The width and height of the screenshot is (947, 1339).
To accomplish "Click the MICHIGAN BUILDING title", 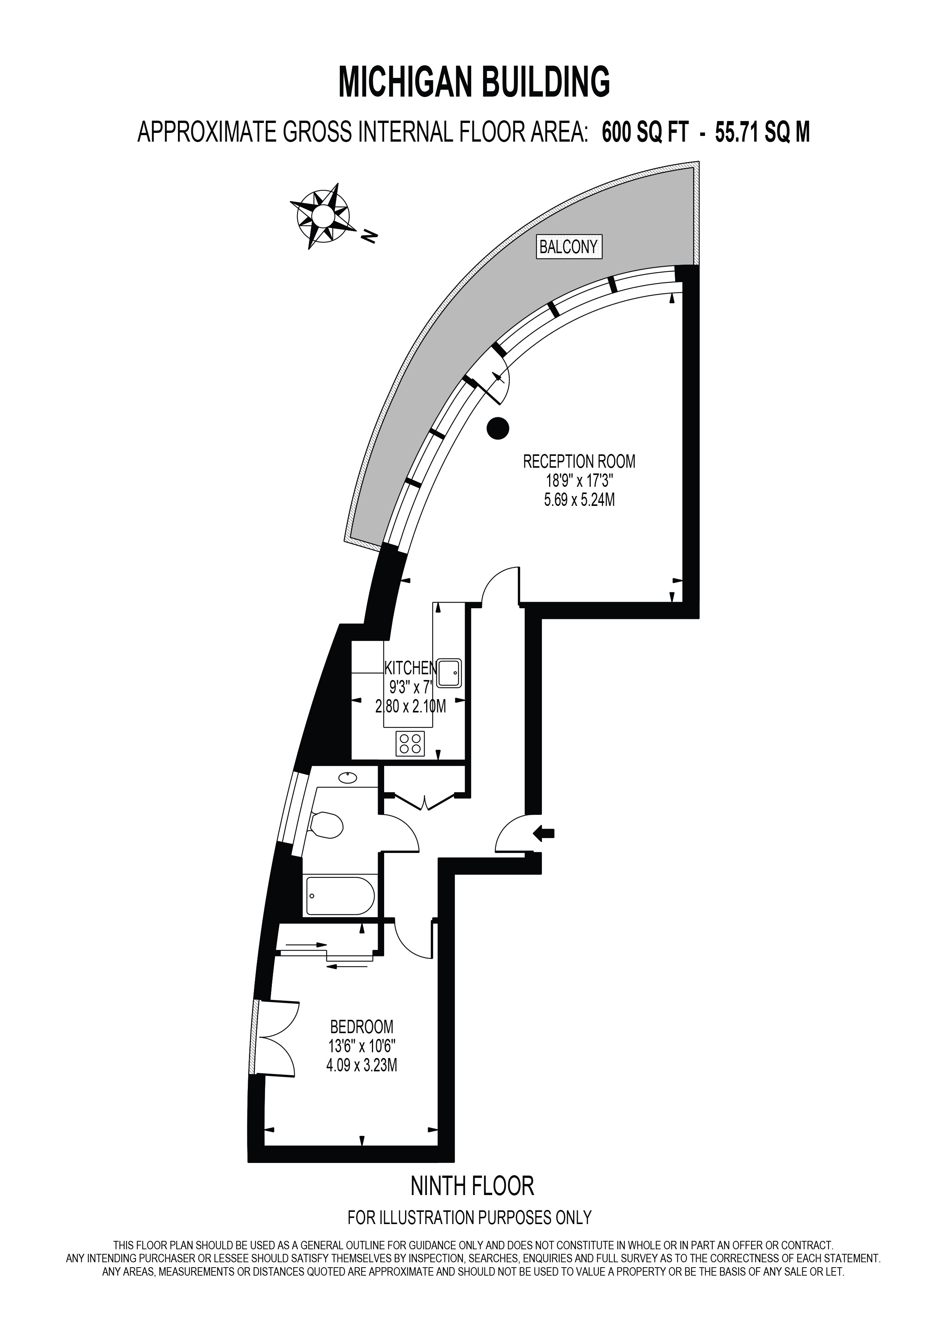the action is [x=474, y=82].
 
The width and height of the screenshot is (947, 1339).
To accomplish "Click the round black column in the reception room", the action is [x=498, y=429].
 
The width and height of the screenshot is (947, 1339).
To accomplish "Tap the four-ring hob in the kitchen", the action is [x=410, y=743].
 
